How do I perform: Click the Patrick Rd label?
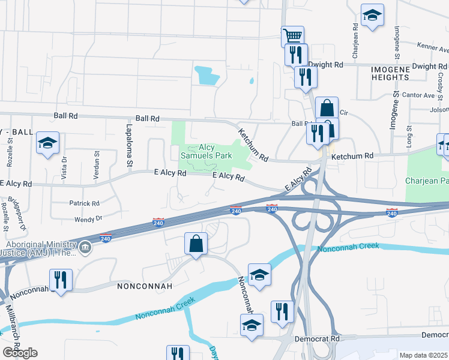(84, 204)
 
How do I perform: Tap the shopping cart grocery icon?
(292, 36)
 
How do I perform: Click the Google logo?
(20, 353)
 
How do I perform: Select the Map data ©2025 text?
(424, 355)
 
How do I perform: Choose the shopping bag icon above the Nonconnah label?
(196, 244)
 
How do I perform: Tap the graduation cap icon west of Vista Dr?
(47, 143)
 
